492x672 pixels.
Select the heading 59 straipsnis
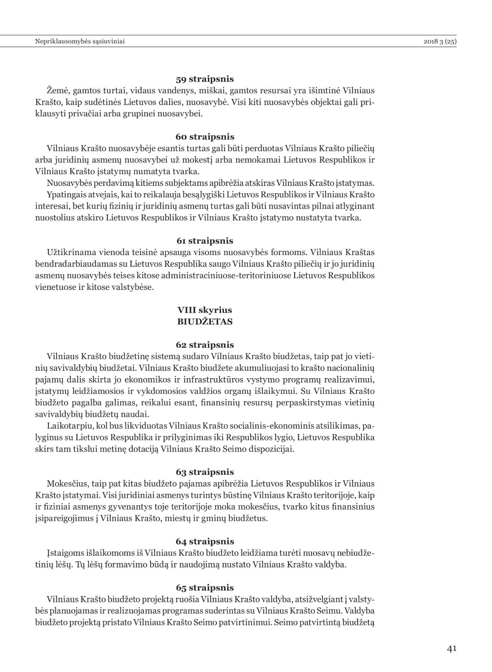coord(205,79)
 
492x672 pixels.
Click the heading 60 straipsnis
coord(205,137)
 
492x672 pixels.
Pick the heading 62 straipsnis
coord(205,344)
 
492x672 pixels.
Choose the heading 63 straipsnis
coord(205,471)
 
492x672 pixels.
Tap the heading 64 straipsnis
coord(205,541)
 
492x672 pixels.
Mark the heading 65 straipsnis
coord(205,587)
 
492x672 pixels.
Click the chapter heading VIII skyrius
coord(205,310)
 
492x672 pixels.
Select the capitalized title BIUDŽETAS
coord(205,321)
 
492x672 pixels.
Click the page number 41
coord(452,648)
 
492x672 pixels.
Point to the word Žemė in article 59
coord(59,90)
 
